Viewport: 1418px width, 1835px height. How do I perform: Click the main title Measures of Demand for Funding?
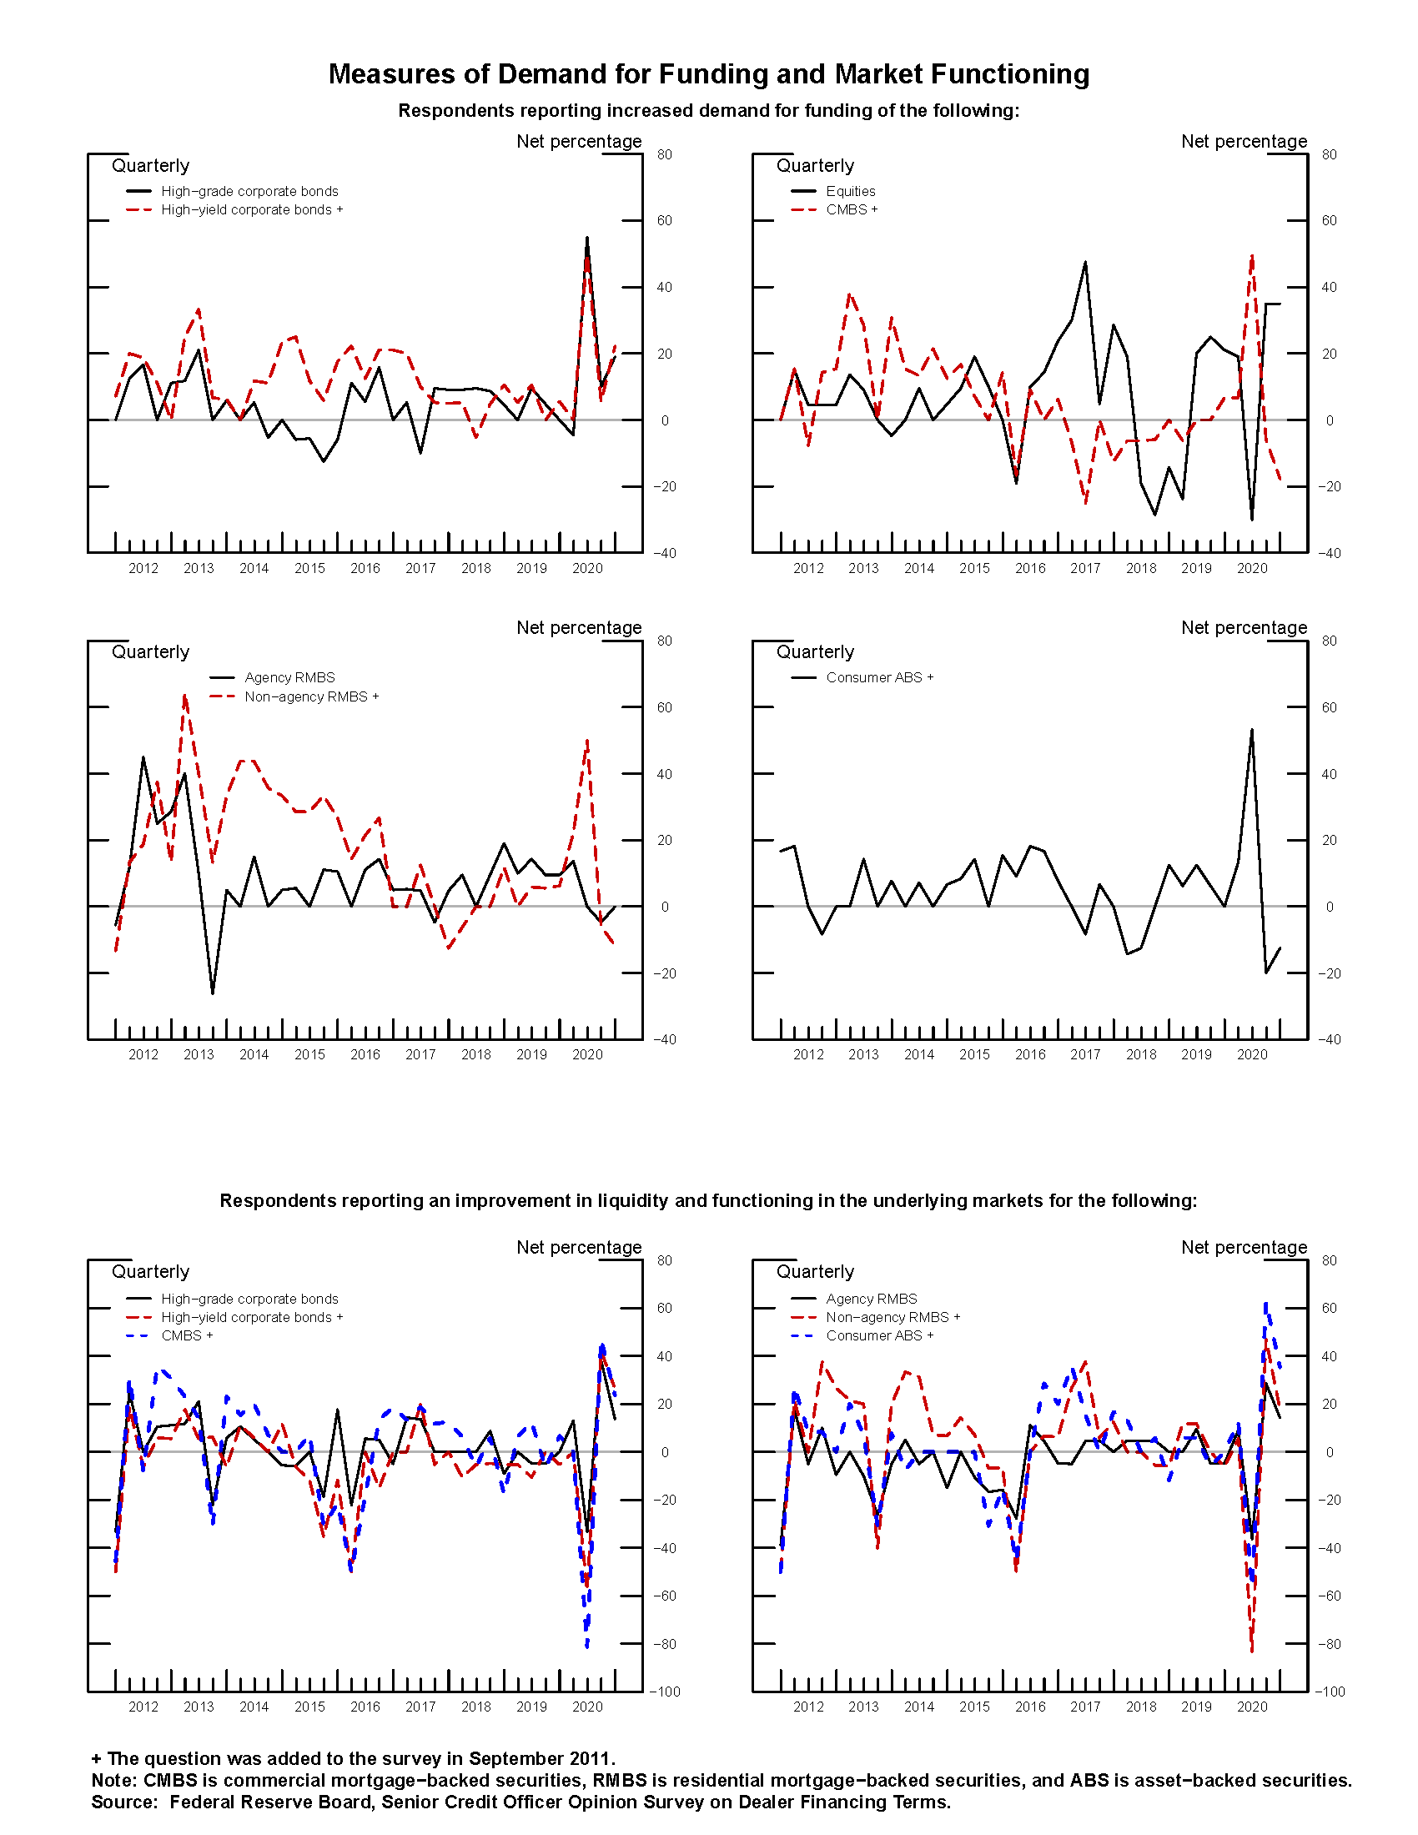coord(708,74)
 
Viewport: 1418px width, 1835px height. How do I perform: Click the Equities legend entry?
coord(849,192)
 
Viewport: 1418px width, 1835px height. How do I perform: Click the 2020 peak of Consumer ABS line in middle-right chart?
coord(1252,729)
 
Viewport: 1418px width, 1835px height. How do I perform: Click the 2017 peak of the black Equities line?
coord(1085,262)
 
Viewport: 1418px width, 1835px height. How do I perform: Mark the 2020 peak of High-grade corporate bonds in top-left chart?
coord(586,238)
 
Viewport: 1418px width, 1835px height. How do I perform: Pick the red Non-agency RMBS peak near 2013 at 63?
coord(185,696)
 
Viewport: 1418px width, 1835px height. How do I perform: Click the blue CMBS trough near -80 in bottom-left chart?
coord(586,1646)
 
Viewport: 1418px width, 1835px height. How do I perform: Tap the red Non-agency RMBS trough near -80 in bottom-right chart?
coord(1252,1651)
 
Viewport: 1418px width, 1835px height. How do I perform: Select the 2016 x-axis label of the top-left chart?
coord(365,569)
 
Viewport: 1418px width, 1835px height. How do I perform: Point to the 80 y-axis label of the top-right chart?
coord(1329,154)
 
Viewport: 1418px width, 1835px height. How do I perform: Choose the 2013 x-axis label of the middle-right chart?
coord(863,1054)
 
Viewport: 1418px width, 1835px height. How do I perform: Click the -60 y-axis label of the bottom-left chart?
coord(664,1596)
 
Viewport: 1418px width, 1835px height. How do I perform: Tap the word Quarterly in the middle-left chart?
coord(150,652)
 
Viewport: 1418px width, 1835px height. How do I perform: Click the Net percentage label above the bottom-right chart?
coord(1244,1247)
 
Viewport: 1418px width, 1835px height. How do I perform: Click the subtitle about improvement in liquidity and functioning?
coord(708,1200)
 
